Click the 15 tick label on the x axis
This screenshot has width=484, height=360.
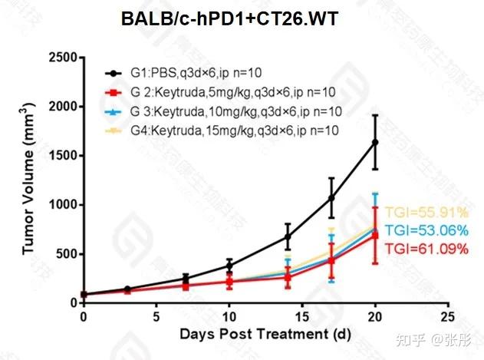(x=301, y=316)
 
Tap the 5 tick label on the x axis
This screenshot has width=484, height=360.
(x=156, y=316)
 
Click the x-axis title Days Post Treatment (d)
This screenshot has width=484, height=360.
(x=265, y=335)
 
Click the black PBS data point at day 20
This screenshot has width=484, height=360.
(x=375, y=142)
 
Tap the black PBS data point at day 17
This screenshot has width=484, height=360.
(x=331, y=197)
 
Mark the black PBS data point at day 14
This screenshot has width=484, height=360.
(x=288, y=236)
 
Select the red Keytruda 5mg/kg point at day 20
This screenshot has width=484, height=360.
(x=375, y=235)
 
